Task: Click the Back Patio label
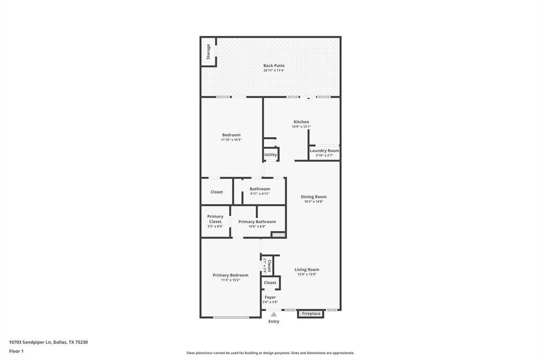274,65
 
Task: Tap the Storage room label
208,52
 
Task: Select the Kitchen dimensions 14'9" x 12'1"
301,127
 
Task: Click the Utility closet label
270,155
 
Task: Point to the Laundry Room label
324,150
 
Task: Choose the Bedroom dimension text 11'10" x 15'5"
231,140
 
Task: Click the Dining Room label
314,197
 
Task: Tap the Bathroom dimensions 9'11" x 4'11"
260,194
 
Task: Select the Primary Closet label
216,219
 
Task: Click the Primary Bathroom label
257,222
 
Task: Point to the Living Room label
307,270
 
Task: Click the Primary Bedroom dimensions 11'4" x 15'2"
230,280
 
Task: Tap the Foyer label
270,297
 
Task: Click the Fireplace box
311,314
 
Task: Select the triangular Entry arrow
274,315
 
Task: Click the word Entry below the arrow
274,321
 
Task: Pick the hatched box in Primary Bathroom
278,235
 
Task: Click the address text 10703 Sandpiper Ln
30,343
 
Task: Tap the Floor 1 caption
16,352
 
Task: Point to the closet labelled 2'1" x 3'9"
267,266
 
